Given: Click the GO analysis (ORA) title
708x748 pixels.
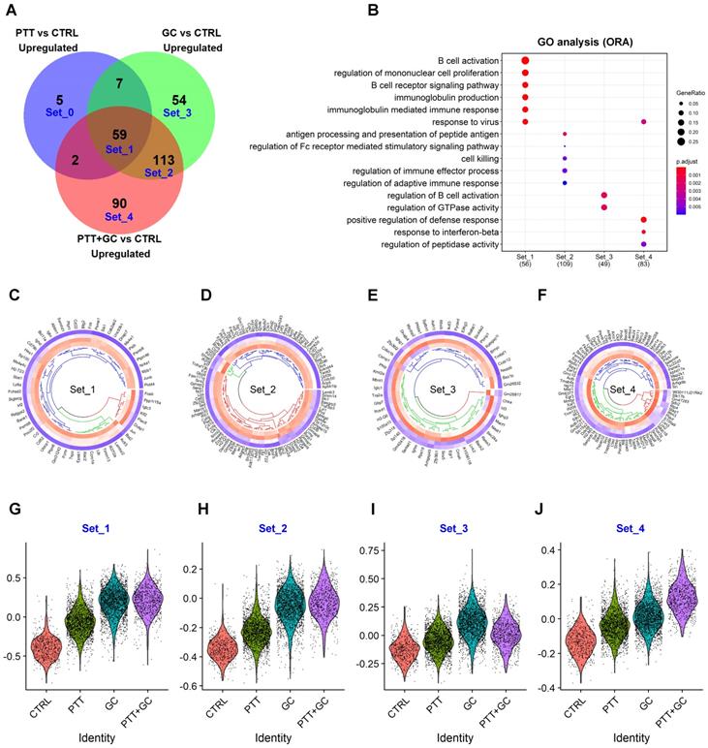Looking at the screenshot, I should coord(579,43).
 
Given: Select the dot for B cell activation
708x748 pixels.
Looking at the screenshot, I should coord(524,61).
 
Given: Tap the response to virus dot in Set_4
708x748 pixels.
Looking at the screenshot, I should coord(643,121).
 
